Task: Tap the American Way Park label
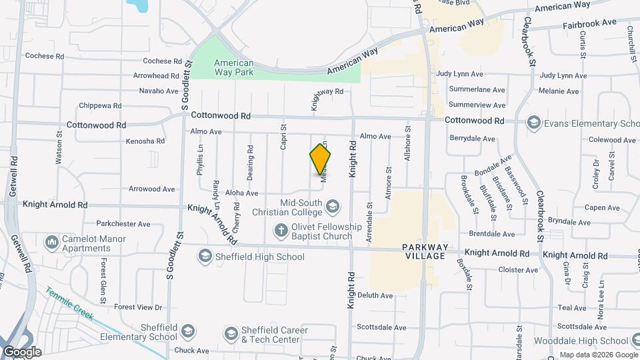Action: tap(233, 67)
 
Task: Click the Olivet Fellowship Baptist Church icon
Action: tap(281, 231)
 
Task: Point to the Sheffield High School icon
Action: tap(205, 257)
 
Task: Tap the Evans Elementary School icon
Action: tap(533, 123)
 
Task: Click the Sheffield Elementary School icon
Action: tap(189, 331)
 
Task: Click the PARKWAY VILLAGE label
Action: tap(424, 251)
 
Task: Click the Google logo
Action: tap(21, 352)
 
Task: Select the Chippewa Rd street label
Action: tap(100, 105)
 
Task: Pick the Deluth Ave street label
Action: tap(375, 295)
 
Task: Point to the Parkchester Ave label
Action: tap(123, 224)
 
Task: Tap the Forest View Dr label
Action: tap(138, 307)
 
